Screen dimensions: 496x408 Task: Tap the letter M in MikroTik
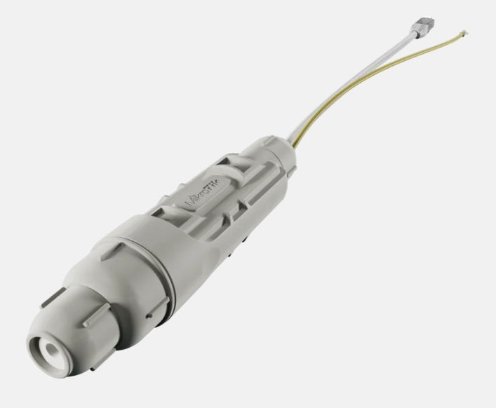pos(189,202)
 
